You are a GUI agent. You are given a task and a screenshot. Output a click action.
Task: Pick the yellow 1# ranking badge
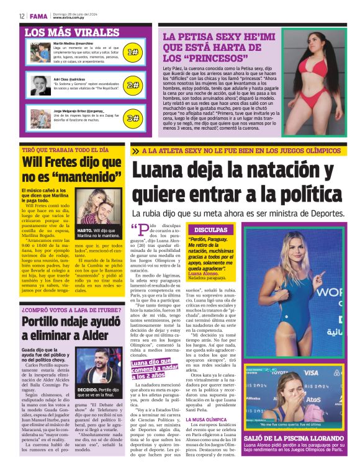coord(133,52)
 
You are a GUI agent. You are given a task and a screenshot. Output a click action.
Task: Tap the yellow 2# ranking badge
coord(133,85)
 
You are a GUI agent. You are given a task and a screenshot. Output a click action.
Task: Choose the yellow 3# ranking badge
coord(133,118)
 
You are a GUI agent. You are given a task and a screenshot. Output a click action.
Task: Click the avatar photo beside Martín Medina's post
coord(40,51)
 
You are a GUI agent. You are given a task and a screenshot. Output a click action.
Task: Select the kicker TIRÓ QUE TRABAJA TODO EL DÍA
coord(65,150)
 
